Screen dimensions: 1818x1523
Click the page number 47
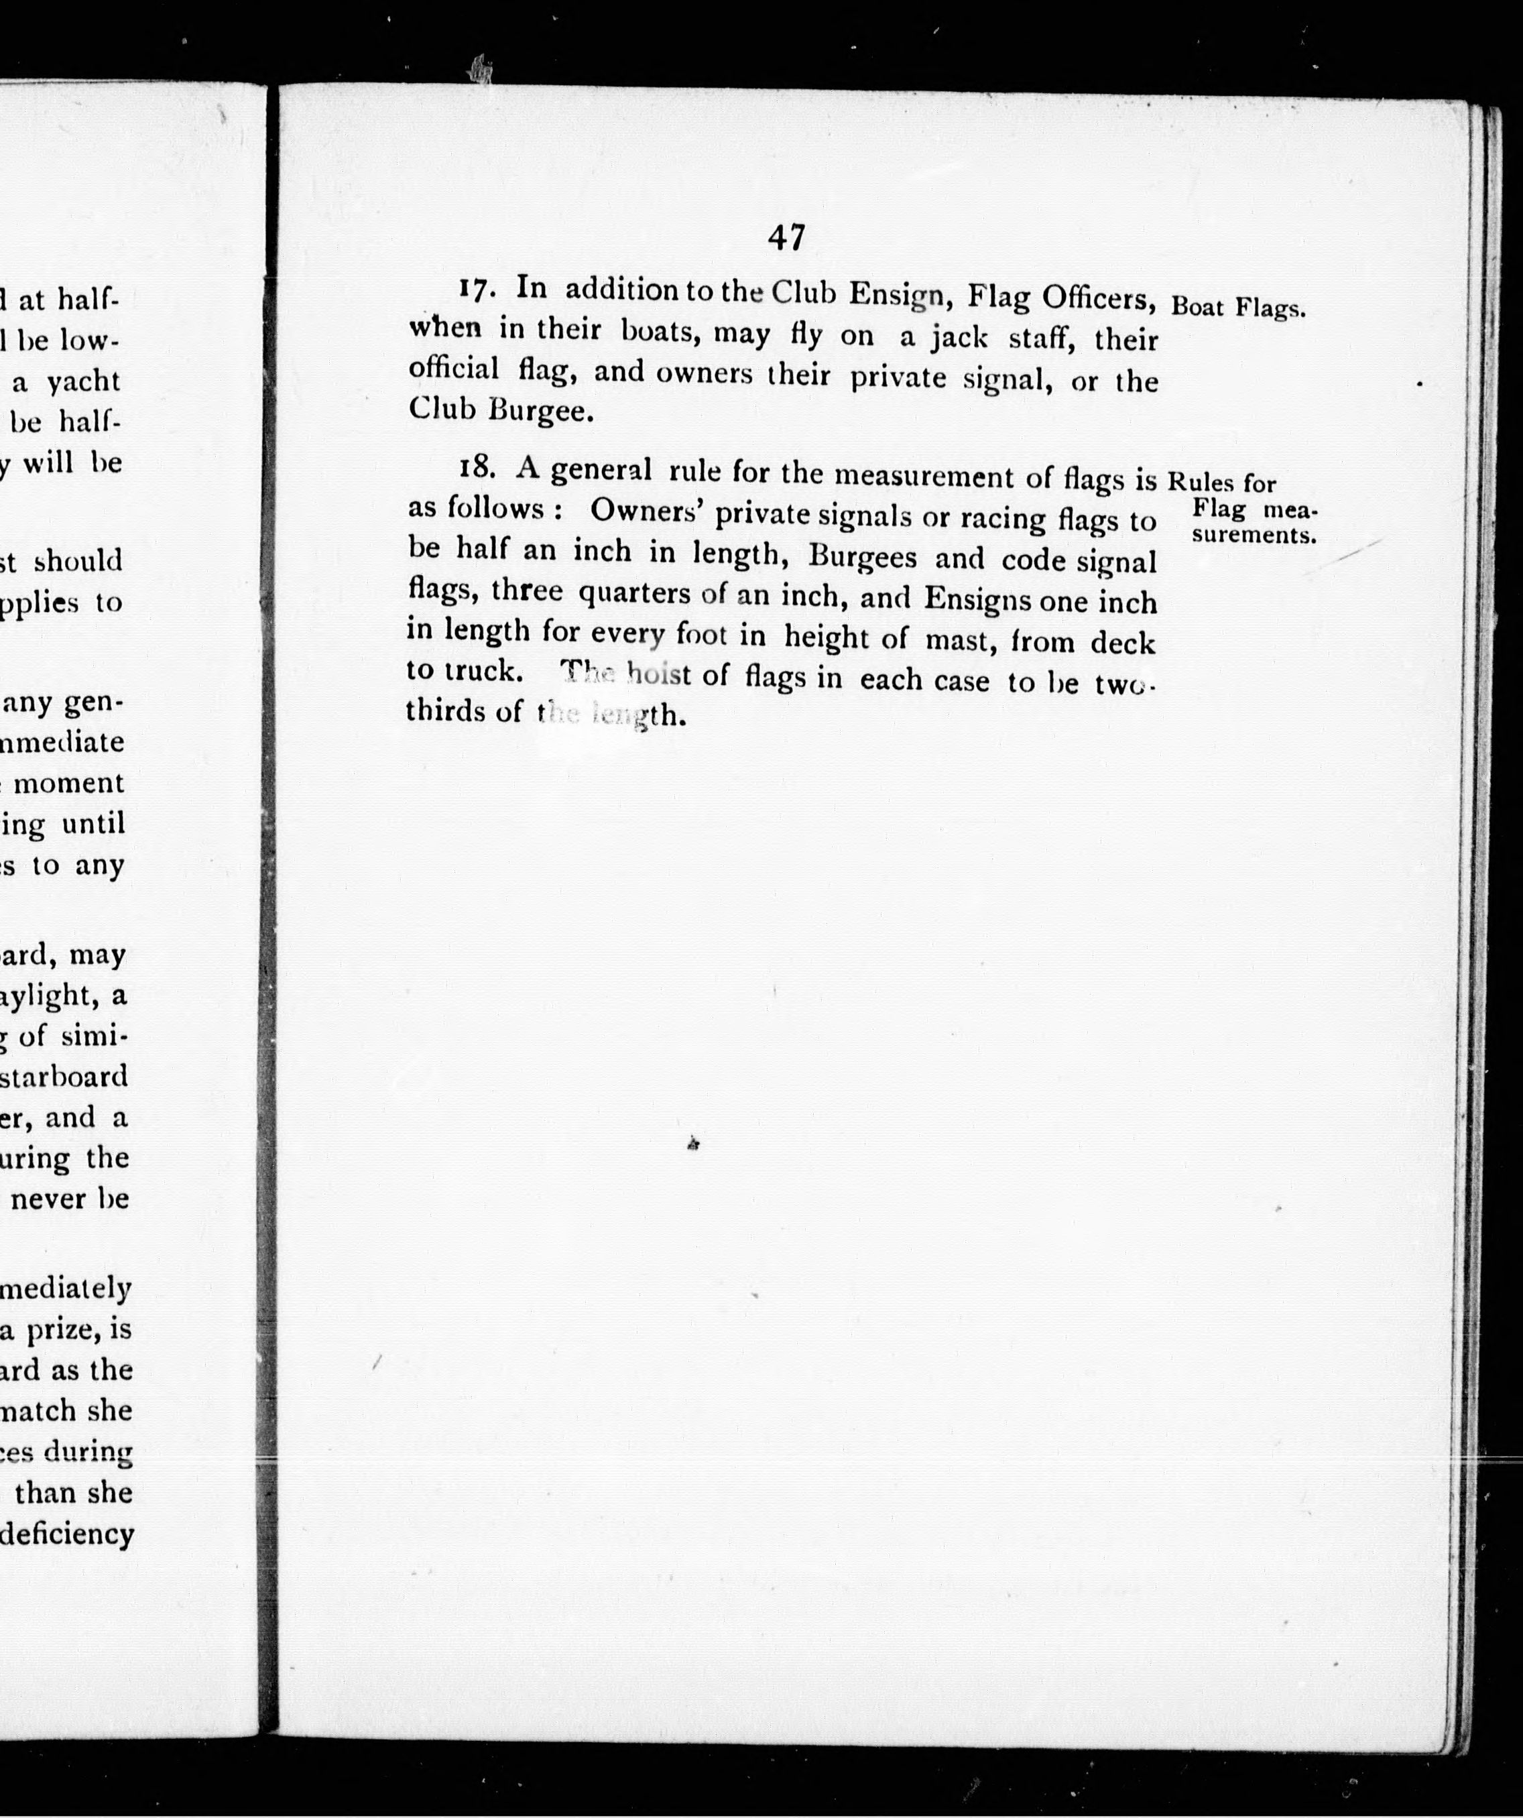[786, 237]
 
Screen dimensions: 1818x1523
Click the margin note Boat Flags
[1237, 308]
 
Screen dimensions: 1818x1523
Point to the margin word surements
[1254, 536]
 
